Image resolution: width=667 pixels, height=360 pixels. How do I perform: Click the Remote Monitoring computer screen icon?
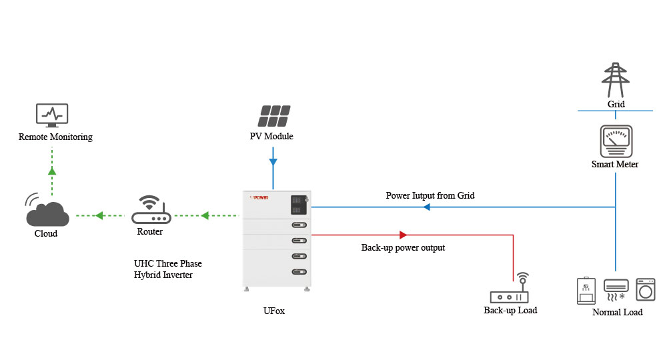pos(51,115)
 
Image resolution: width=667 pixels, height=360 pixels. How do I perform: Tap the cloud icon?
pos(47,213)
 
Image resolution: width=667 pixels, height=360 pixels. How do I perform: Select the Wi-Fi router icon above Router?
pos(151,211)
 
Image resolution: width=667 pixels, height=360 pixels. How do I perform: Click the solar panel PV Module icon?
pos(273,115)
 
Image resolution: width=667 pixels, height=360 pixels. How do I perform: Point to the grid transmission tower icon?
pos(616,81)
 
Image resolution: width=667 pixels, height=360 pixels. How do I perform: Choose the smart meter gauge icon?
pos(615,141)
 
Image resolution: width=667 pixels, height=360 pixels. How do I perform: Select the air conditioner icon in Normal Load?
pos(616,288)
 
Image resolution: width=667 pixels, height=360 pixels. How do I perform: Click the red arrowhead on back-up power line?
pos(402,235)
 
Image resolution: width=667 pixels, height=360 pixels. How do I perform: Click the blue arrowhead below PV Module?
pos(273,161)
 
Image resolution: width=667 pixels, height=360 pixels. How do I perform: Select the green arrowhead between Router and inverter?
pos(205,215)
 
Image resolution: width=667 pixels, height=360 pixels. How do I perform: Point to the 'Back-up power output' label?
pos(403,247)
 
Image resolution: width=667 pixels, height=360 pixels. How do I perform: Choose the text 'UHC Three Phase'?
pos(167,263)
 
